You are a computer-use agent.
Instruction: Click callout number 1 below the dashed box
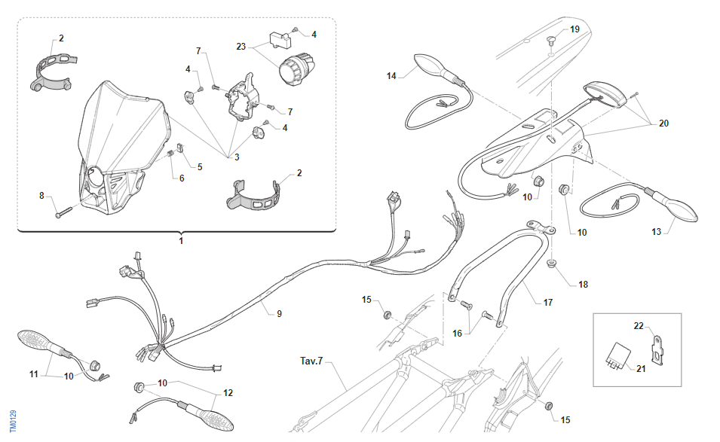[181, 241]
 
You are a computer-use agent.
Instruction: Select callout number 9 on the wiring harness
[279, 313]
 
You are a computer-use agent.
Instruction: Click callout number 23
[241, 46]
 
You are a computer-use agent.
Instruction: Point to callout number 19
[574, 29]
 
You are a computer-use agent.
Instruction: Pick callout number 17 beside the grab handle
[548, 303]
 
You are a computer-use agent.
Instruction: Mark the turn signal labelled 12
[204, 413]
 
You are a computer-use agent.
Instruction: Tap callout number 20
[663, 123]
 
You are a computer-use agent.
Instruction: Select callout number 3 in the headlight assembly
[236, 157]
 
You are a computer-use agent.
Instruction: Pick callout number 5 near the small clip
[200, 166]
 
